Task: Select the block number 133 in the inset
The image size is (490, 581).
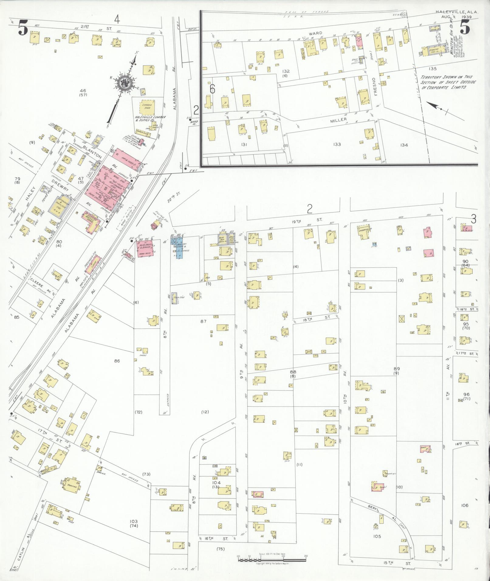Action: point(337,145)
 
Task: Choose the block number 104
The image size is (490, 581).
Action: point(216,482)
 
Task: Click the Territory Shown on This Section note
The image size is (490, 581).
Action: point(448,82)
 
